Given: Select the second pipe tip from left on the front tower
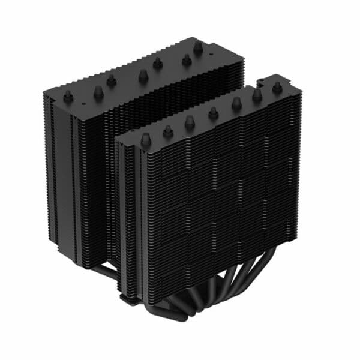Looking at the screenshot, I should pos(168,130).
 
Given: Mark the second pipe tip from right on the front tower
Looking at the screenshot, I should pos(257,94).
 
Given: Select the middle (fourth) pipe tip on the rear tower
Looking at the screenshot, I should pos(143,74).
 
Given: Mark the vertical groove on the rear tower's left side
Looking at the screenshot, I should pos(71,180).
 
